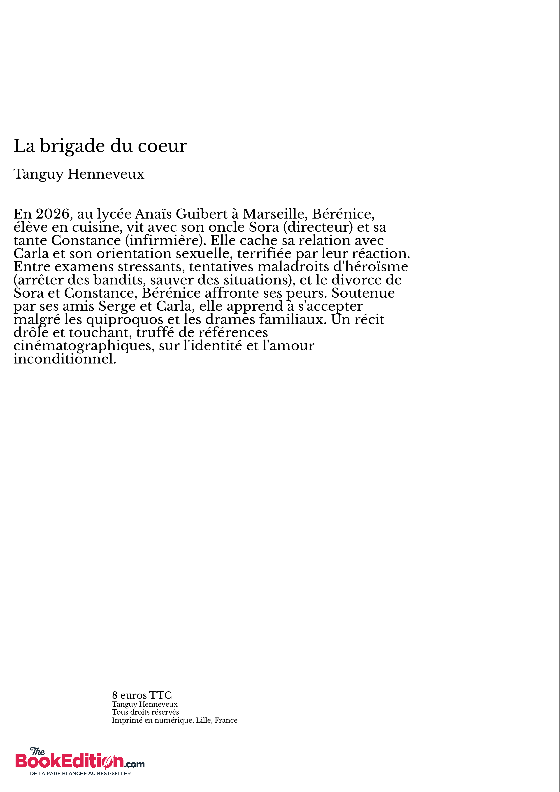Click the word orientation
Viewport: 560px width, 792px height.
point(134,254)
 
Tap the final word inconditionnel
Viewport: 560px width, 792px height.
point(65,359)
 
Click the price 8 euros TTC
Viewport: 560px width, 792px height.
point(142,695)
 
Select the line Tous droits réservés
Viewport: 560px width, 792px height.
point(145,712)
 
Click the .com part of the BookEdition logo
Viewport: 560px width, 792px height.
point(135,764)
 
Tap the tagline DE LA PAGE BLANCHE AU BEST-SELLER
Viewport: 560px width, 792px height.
point(80,773)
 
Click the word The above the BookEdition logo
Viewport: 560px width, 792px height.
point(37,751)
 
